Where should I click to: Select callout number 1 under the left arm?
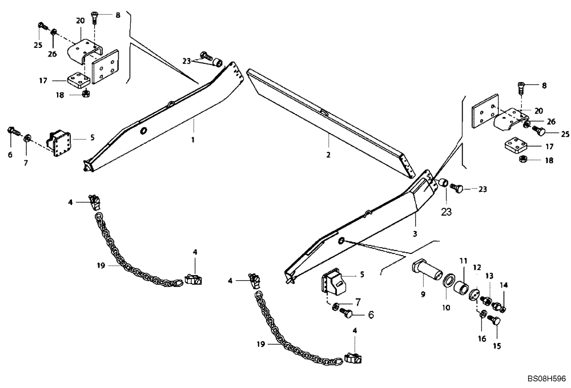pyautogui.click(x=193, y=140)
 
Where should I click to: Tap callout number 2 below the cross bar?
pyautogui.click(x=329, y=154)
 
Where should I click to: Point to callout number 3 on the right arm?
pyautogui.click(x=415, y=234)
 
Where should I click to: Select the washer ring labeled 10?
pyautogui.click(x=449, y=283)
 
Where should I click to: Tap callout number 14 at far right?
pyautogui.click(x=503, y=285)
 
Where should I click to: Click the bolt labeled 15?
pyautogui.click(x=495, y=323)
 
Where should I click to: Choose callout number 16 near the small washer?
pyautogui.click(x=482, y=338)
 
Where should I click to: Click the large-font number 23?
pyautogui.click(x=446, y=212)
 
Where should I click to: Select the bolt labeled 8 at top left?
pyautogui.click(x=95, y=17)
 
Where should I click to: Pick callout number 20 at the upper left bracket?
pyautogui.click(x=80, y=20)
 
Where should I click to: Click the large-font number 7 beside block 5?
pyautogui.click(x=358, y=301)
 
